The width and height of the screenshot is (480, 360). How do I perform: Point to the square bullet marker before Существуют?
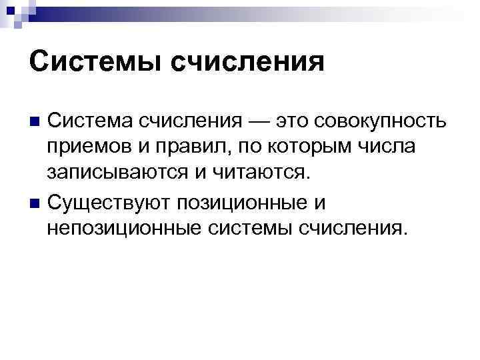[34, 202]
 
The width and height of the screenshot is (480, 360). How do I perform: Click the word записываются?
[118, 175]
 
